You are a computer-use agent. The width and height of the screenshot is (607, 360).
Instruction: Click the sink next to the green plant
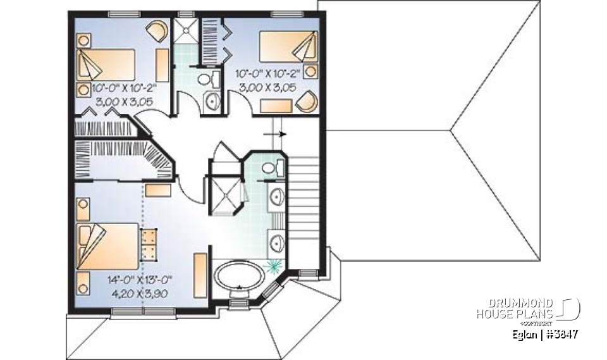(x=276, y=241)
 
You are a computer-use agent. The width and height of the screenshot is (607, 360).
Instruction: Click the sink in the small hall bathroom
(x=212, y=99)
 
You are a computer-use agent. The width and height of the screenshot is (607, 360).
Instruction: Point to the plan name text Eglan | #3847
(x=544, y=334)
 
